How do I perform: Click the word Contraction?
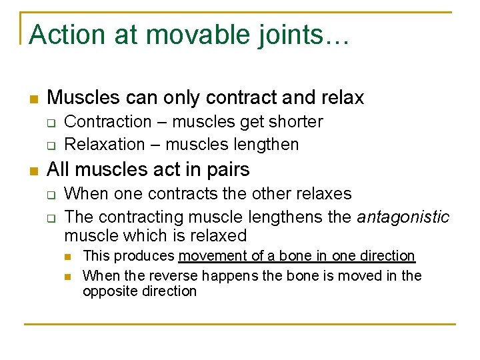[x=108, y=122]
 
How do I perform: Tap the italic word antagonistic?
[x=403, y=217]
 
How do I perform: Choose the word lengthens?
[x=281, y=217]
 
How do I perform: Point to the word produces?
[x=143, y=256]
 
